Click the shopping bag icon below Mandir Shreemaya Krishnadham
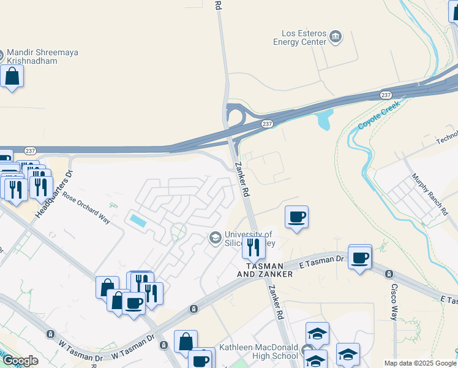(12, 77)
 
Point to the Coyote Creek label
(378, 114)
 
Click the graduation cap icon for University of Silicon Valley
(215, 237)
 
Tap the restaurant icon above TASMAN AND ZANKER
(253, 247)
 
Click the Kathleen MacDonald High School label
(258, 352)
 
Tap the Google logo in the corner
(20, 361)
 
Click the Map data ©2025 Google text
(420, 363)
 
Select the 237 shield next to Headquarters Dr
(30, 151)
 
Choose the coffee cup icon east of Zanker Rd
(296, 217)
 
